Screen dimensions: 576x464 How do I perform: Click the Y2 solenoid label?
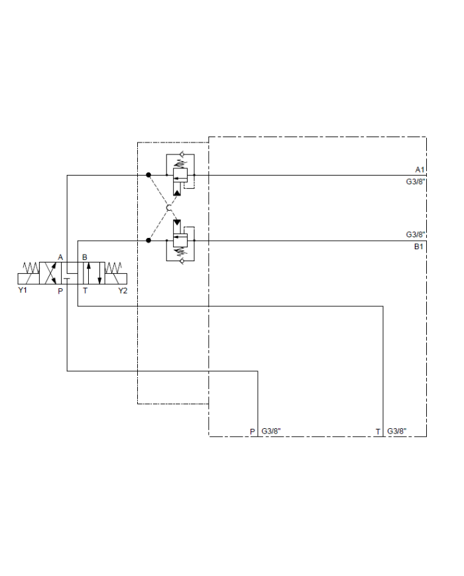pyautogui.click(x=123, y=291)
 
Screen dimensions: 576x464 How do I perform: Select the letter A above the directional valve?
pyautogui.click(x=60, y=257)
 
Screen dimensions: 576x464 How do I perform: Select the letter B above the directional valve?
pyautogui.click(x=84, y=257)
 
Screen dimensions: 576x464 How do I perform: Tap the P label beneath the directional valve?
pyautogui.click(x=60, y=291)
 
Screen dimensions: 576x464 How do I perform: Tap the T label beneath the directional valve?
pyautogui.click(x=85, y=291)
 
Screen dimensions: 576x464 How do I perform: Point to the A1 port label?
pyautogui.click(x=419, y=170)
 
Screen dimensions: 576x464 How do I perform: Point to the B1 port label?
pyautogui.click(x=419, y=247)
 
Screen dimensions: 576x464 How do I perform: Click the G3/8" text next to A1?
pyautogui.click(x=416, y=181)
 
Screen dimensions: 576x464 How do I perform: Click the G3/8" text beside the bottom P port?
pyautogui.click(x=271, y=432)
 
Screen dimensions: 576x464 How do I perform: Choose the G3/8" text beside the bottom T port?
pyautogui.click(x=397, y=432)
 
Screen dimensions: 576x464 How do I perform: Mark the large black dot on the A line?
pyautogui.click(x=148, y=175)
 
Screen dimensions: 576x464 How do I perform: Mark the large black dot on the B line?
pyautogui.click(x=148, y=240)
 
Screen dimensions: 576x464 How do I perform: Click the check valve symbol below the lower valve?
pyautogui.click(x=180, y=260)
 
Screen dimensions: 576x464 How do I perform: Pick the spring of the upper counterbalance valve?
pyautogui.click(x=180, y=164)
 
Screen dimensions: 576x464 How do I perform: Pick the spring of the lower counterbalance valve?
pyautogui.click(x=180, y=252)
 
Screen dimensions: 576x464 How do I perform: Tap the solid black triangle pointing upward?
pyautogui.click(x=176, y=191)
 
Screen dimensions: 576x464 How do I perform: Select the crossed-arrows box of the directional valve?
pyautogui.click(x=52, y=274)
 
